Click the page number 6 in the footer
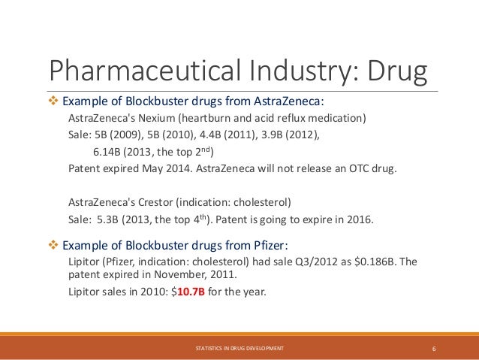[435, 349]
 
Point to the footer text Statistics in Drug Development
[239, 349]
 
